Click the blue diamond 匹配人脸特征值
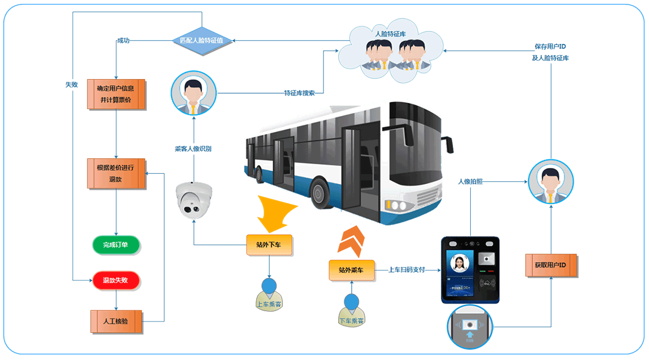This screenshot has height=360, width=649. (202, 40)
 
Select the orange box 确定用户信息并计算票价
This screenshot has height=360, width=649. (116, 94)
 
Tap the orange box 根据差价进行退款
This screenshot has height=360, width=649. (116, 173)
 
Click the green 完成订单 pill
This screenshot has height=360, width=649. (116, 245)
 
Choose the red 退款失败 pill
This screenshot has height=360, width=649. (116, 280)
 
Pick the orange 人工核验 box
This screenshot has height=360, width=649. (116, 322)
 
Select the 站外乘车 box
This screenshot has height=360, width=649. (352, 270)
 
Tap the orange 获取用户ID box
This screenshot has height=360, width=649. (551, 265)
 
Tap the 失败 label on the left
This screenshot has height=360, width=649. (71, 85)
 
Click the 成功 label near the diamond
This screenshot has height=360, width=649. (123, 41)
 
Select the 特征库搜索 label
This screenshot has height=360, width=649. (299, 93)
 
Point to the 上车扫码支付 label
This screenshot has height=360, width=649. (406, 270)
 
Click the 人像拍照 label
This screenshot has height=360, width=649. (470, 181)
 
